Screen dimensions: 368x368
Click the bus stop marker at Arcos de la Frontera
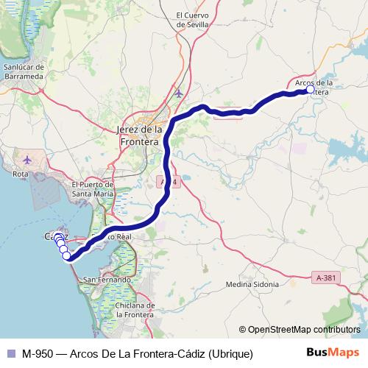pyautogui.click(x=310, y=89)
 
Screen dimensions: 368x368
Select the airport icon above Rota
pyautogui.click(x=28, y=159)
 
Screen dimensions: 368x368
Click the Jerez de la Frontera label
pyautogui.click(x=138, y=135)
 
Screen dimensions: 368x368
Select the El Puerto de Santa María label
pyautogui.click(x=92, y=188)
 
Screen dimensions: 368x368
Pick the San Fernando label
pyautogui.click(x=107, y=280)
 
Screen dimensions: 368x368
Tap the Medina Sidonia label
pyautogui.click(x=252, y=284)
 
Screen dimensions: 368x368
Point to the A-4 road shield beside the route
pyautogui.click(x=169, y=181)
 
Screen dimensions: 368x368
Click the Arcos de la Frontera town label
pyautogui.click(x=317, y=87)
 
